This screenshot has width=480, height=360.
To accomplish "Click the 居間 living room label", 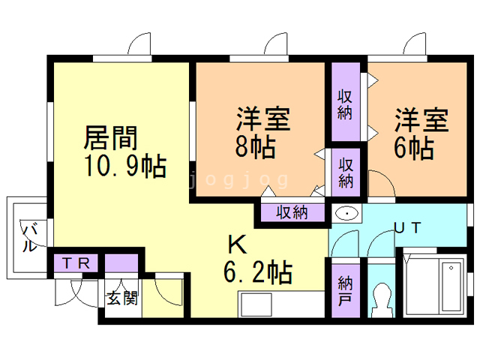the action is click(x=111, y=138).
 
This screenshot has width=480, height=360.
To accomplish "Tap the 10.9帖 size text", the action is click(x=125, y=166).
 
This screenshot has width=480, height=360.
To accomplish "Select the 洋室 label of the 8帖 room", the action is click(x=263, y=118).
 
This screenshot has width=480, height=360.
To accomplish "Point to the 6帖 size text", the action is click(x=414, y=148).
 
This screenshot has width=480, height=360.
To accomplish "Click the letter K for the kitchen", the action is click(x=238, y=244).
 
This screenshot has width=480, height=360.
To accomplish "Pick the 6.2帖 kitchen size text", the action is click(x=258, y=272).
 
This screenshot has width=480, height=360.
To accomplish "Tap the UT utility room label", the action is click(x=408, y=228).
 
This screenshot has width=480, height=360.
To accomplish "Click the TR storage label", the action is click(x=76, y=263).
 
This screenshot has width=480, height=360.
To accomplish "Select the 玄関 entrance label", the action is click(x=121, y=298).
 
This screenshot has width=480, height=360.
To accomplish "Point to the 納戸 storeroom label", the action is click(x=346, y=291).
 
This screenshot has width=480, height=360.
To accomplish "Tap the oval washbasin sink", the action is click(x=346, y=213).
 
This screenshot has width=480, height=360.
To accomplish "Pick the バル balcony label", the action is click(x=30, y=238).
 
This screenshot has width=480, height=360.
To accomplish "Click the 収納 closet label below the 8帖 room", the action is click(x=292, y=212).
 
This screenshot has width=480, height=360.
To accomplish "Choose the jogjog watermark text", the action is click(x=238, y=180).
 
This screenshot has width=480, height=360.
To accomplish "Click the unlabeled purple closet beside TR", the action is click(x=121, y=263).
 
